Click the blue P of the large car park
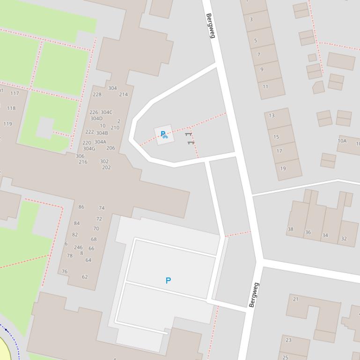[x=168, y=281]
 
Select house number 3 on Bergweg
[x=251, y=20]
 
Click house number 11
[x=265, y=86]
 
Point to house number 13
[x=272, y=115]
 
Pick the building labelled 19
[x=283, y=168]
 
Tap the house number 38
[x=291, y=229]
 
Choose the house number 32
[x=344, y=238]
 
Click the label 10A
[x=342, y=141]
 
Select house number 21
[x=295, y=299]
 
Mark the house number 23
[x=288, y=340]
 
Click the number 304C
[x=107, y=112]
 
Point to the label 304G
[x=89, y=149]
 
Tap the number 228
[x=97, y=94]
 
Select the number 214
[x=123, y=94]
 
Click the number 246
[x=78, y=248]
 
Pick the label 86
[x=81, y=207]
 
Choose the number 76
[x=65, y=271]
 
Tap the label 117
[x=15, y=93]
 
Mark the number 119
[x=7, y=124]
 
